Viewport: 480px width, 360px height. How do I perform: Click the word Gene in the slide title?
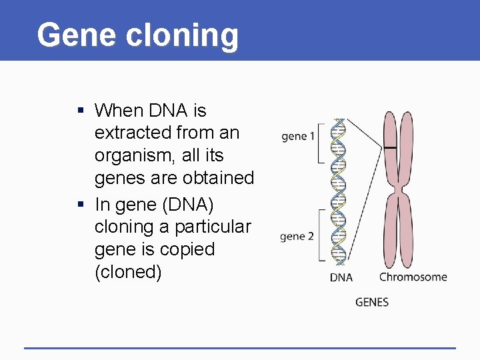tap(67, 35)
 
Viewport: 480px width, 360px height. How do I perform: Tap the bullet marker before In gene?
tap(80, 204)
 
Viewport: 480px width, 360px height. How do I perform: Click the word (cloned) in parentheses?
tap(128, 272)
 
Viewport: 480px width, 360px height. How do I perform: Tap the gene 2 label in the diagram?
tap(297, 237)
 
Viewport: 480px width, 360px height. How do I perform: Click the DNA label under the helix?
tap(341, 277)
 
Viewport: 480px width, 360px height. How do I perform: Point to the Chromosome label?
tap(413, 277)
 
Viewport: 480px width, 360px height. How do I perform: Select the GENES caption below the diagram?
tap(372, 302)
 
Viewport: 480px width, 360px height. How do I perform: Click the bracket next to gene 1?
tap(321, 141)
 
